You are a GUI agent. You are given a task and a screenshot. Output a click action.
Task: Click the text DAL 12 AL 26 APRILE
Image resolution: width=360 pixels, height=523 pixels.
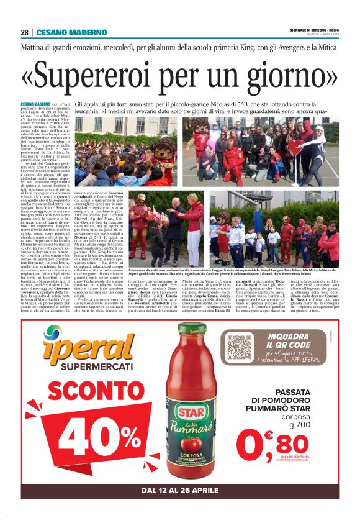180,491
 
